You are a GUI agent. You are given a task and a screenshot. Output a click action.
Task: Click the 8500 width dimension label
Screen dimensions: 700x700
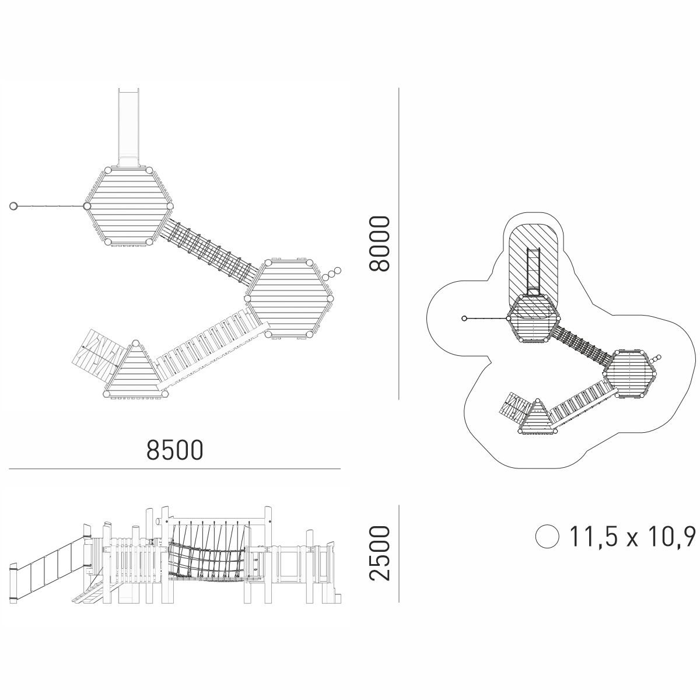175,450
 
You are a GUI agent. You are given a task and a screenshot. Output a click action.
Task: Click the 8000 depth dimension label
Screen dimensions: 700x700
379,244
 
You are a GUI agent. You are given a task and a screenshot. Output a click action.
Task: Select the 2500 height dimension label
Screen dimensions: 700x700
379,553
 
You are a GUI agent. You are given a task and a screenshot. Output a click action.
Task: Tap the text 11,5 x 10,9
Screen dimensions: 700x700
632,536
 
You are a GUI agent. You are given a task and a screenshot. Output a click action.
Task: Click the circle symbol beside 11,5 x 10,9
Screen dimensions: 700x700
547,536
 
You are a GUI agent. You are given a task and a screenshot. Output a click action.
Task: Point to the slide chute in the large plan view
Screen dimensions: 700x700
128,127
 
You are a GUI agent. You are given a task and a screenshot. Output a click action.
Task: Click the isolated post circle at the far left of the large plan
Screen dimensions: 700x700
13,206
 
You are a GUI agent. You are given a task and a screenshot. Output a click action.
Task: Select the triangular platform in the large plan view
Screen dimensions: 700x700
135,372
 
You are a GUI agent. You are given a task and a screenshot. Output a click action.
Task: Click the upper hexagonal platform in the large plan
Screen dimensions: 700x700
128,206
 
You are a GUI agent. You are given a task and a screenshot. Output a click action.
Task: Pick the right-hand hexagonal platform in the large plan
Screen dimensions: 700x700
289,299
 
